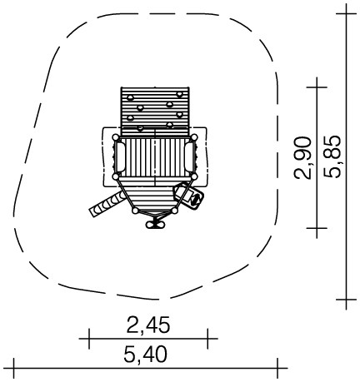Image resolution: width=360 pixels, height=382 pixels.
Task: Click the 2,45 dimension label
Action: coord(148,325)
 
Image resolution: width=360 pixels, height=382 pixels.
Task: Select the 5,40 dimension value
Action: coord(146,355)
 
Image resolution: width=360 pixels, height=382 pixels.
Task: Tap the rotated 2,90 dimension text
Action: coord(302,158)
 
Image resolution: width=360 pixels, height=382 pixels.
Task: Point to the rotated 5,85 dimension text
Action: coord(332,156)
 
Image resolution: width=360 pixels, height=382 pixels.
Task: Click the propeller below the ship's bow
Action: coord(155,224)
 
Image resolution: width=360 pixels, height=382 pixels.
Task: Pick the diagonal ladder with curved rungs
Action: coord(107,204)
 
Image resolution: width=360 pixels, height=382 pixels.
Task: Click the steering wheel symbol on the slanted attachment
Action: coord(197,199)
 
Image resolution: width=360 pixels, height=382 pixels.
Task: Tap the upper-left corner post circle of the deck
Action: coord(116,137)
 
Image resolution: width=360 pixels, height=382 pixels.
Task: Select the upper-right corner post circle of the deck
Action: coord(194,137)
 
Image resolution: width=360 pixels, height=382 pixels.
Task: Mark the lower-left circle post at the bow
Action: coord(135,211)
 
